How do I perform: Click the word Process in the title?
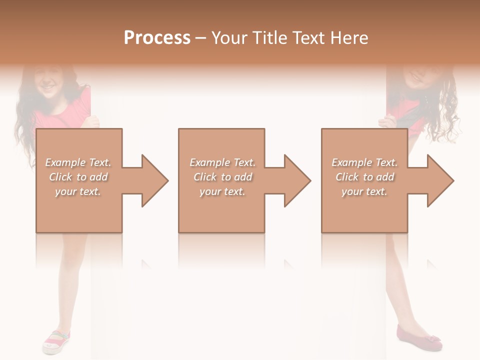tap(157, 38)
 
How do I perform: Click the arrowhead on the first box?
tap(150, 180)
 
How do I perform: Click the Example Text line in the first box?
tap(78, 162)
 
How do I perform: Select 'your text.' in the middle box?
tap(222, 191)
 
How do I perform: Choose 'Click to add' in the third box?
tap(364, 177)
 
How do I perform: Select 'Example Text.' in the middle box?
tap(222, 162)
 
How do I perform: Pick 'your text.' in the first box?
tap(78, 191)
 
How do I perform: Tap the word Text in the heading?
tap(308, 38)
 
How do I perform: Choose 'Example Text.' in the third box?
tap(364, 162)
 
